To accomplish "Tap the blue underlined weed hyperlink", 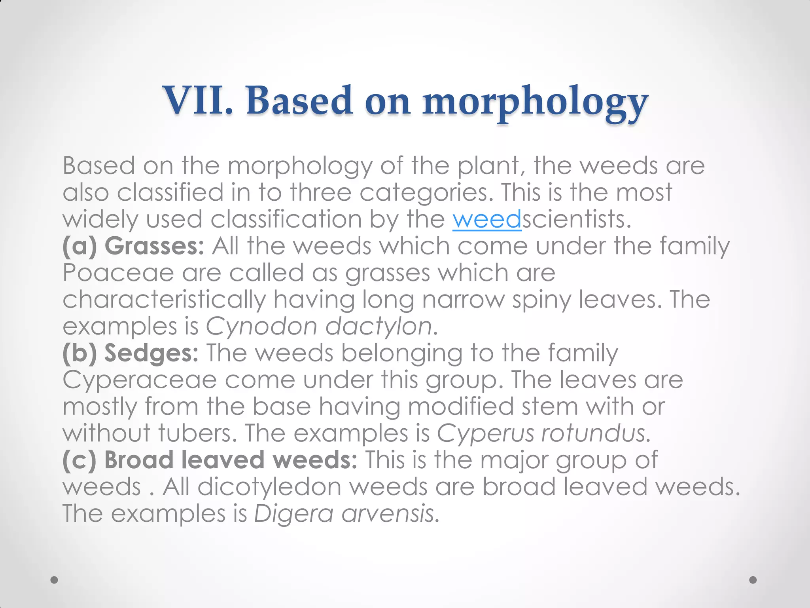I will [x=487, y=219].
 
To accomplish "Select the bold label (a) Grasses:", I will [x=133, y=246].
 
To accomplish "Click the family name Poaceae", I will [x=118, y=273].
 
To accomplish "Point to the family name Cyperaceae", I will [x=140, y=380].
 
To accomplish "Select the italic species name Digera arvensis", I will [x=343, y=513].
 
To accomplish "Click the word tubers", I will [x=195, y=433].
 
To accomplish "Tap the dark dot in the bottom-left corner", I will [x=55, y=580].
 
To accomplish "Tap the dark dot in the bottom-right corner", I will [x=753, y=580].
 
